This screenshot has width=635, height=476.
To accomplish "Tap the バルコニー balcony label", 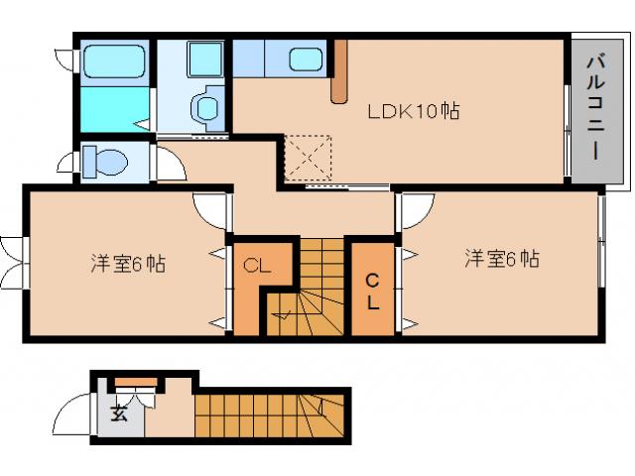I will [595, 109].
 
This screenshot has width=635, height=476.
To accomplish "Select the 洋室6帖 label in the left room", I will [128, 264].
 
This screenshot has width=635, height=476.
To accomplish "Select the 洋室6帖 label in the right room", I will [502, 260].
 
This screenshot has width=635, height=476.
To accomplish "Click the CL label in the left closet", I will [257, 265].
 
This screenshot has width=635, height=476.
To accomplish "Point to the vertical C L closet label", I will [373, 290].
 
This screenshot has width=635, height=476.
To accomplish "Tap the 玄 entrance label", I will [119, 413].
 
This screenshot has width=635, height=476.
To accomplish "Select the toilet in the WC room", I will [102, 160].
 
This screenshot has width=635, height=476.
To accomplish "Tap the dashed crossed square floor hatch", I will [309, 157].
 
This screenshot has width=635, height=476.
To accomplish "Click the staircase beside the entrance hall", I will [268, 414].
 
